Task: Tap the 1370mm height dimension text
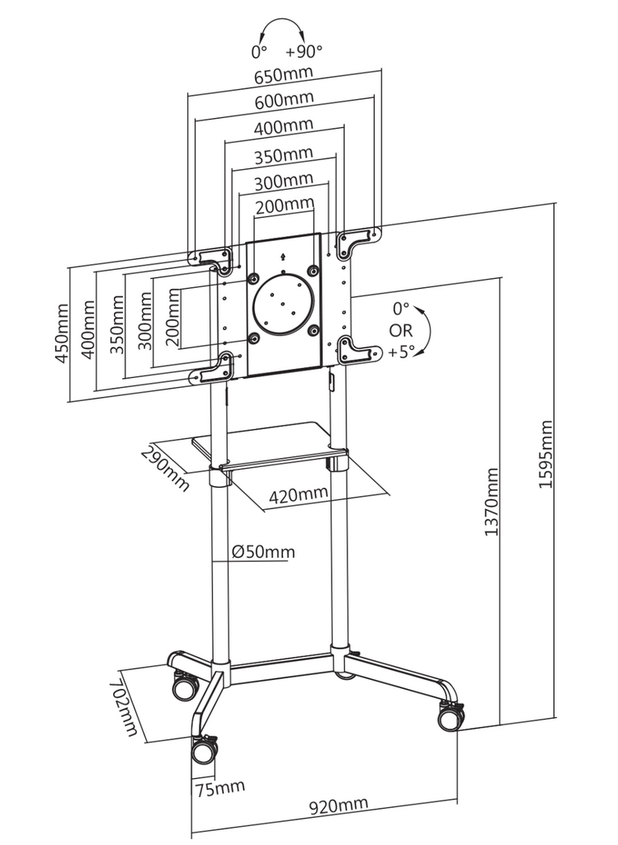tap(492, 502)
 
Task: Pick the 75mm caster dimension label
tap(219, 788)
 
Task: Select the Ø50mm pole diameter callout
tap(263, 552)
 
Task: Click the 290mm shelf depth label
tap(165, 468)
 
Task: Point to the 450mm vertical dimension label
tap(63, 333)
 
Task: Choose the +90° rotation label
tap(304, 51)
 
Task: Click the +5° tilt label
tap(401, 352)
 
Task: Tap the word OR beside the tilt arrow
tap(401, 330)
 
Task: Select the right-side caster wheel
tap(451, 716)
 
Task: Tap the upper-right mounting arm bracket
tap(358, 240)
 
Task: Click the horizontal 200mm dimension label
tap(285, 205)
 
